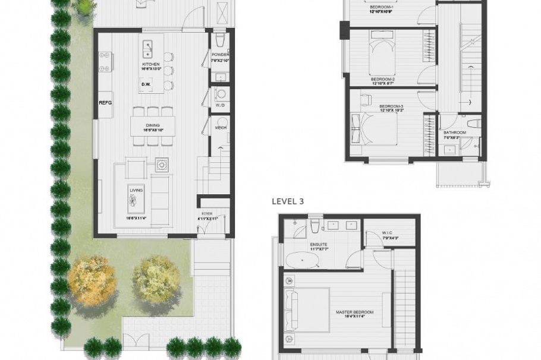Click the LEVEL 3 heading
[288, 201]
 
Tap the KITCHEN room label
[150, 64]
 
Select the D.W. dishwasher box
[146, 84]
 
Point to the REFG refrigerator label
[105, 103]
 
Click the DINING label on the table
[152, 126]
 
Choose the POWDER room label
[220, 55]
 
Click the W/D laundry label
[220, 105]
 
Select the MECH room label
[221, 127]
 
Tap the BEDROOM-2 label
[383, 79]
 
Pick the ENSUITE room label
[318, 244]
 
